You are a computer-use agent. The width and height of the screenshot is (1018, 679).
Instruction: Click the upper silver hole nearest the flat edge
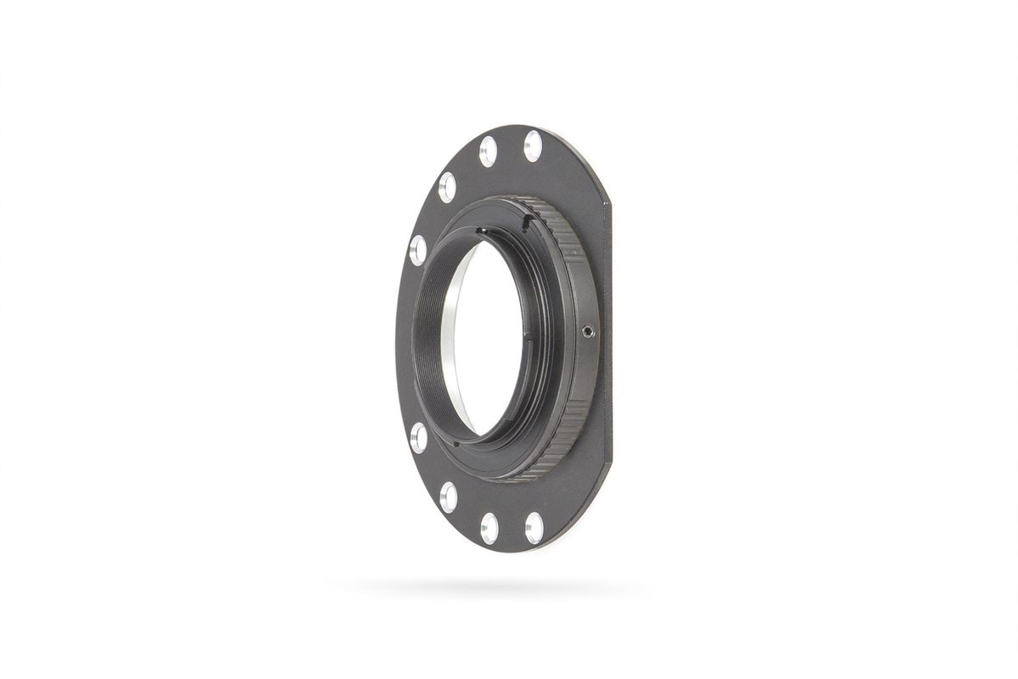click(x=533, y=145)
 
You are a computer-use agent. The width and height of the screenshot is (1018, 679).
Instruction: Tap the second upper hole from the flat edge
click(x=488, y=151)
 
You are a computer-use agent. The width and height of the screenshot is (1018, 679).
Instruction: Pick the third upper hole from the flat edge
click(x=447, y=186)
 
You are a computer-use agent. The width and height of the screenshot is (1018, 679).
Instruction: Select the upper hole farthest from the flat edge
click(x=417, y=250)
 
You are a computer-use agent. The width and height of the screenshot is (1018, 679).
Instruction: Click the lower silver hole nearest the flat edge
click(x=534, y=527)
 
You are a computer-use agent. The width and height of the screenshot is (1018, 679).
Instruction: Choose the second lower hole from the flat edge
click(x=489, y=527)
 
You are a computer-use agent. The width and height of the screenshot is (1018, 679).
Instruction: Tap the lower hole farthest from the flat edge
click(x=418, y=438)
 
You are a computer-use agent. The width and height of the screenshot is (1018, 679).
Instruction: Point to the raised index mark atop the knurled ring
click(x=526, y=222)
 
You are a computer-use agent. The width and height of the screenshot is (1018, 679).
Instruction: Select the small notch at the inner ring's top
click(x=481, y=230)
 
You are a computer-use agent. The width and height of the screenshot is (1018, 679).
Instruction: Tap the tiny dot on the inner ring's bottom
click(x=455, y=441)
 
